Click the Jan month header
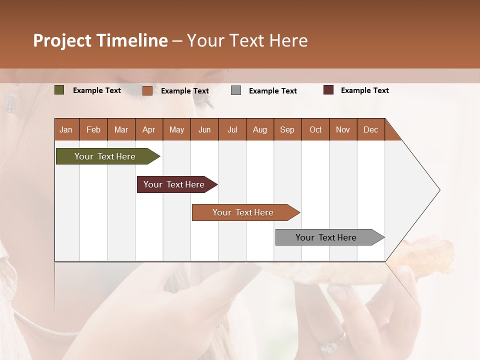click(66, 129)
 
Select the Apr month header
click(149, 129)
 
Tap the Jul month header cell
click(232, 129)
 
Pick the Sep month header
click(287, 129)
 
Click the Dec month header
click(370, 129)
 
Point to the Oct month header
click(315, 129)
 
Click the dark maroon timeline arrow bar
click(175, 184)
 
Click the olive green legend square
click(59, 90)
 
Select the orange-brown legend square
click(147, 90)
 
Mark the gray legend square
click(236, 90)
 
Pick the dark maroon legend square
click(328, 90)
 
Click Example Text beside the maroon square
click(364, 90)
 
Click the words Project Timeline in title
click(100, 40)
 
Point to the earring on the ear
click(10, 102)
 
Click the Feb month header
click(93, 129)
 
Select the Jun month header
click(204, 129)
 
